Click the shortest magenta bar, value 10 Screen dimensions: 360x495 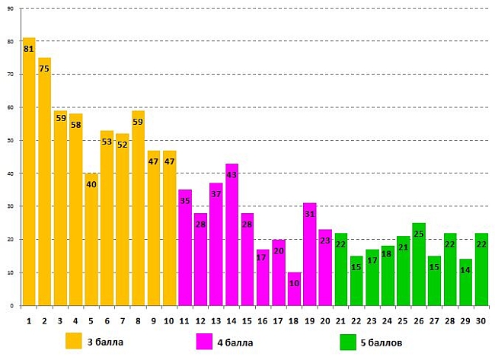pyautogui.click(x=294, y=288)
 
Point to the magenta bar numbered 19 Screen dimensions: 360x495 pyautogui.click(x=309, y=254)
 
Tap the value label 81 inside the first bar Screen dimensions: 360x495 pyautogui.click(x=29, y=49)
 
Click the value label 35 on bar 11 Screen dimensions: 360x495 pyautogui.click(x=185, y=201)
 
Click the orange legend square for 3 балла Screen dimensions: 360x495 pyautogui.click(x=74, y=342)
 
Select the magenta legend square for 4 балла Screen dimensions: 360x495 pyautogui.click(x=205, y=342)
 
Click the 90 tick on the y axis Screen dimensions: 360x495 pyautogui.click(x=11, y=8)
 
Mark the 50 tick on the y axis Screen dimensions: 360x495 pyautogui.click(x=11, y=141)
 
